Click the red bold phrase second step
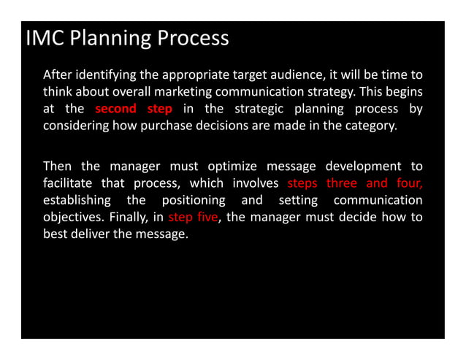pyautogui.click(x=134, y=110)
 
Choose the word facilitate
pyautogui.click(x=69, y=183)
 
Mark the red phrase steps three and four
pyautogui.click(x=355, y=183)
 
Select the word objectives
pyautogui.click(x=74, y=216)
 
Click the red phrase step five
pyautogui.click(x=194, y=216)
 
